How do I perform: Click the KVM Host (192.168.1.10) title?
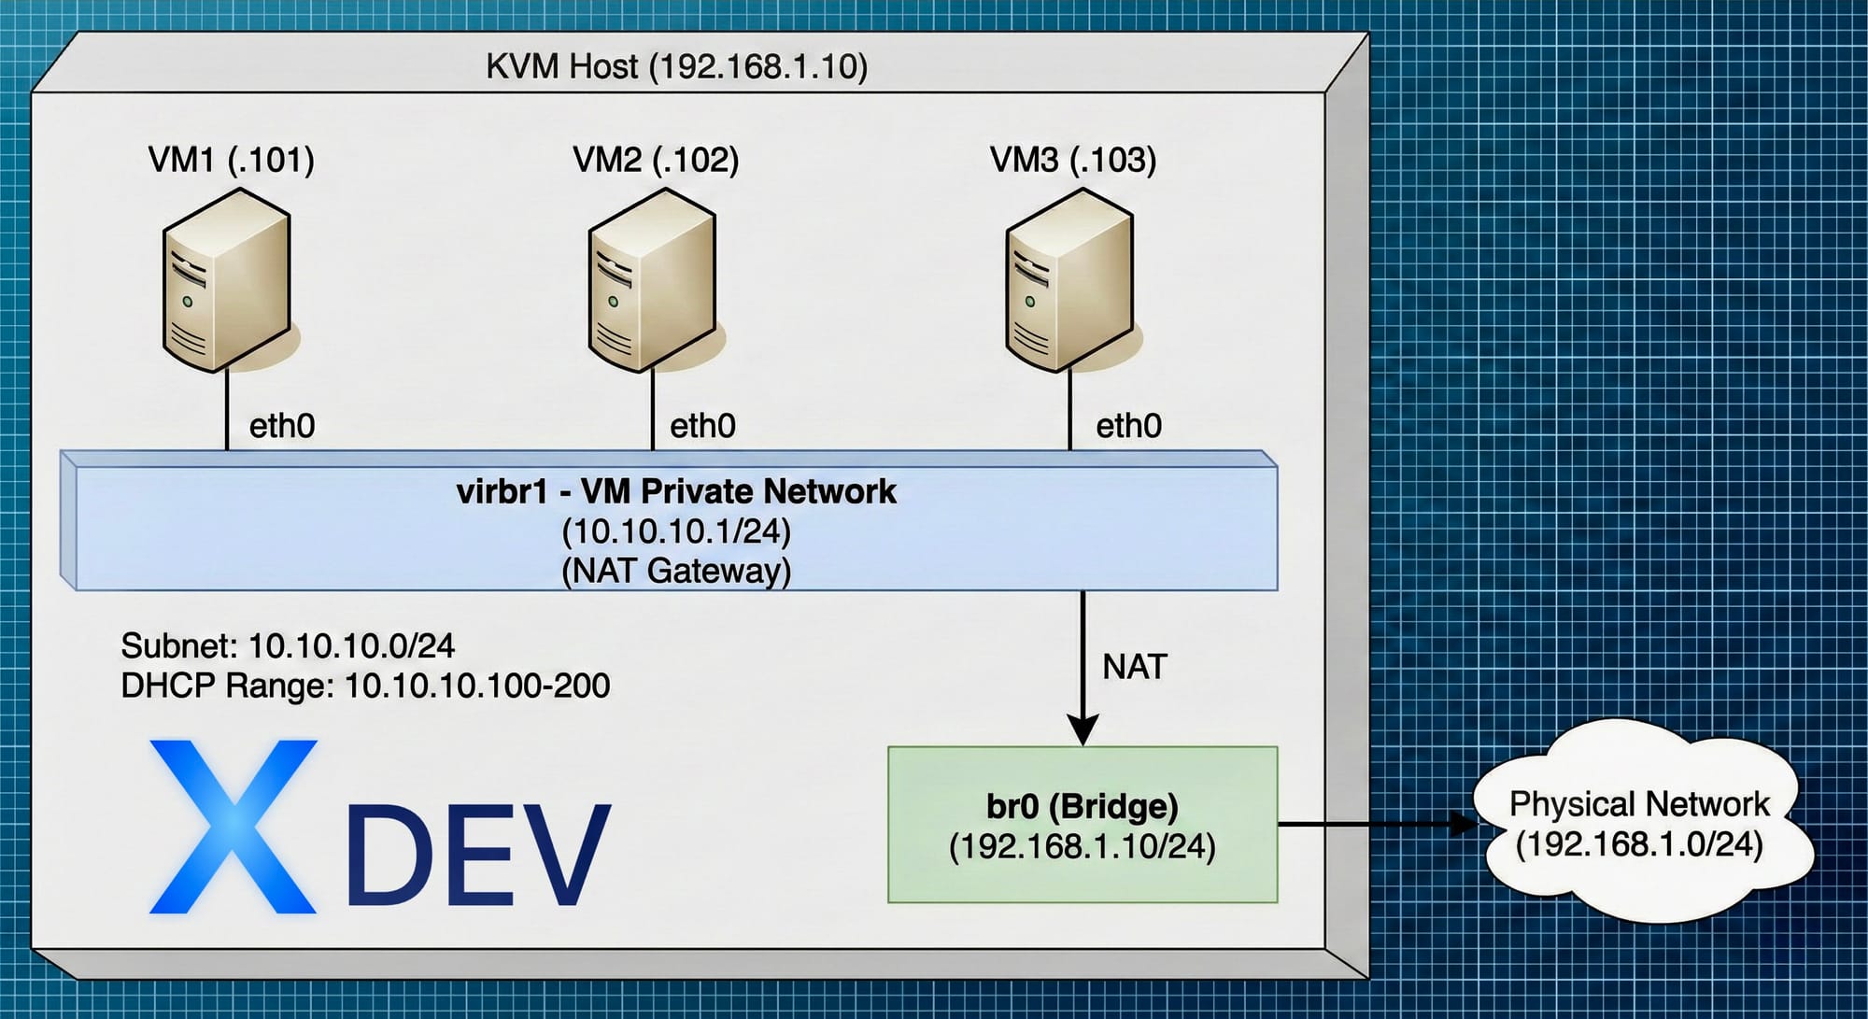(676, 67)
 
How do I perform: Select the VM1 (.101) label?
(231, 160)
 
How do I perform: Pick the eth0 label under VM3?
(1128, 426)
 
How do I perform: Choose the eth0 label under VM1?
(282, 426)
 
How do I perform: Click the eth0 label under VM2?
(702, 426)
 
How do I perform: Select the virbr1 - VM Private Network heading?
(676, 491)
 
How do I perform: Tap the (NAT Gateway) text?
(676, 570)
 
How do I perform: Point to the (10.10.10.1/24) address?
(676, 531)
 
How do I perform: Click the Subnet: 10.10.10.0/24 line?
(288, 645)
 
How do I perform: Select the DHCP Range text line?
(365, 686)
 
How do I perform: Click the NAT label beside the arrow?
(1135, 667)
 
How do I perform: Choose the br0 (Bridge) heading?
(1083, 805)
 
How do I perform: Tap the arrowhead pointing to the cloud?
(1464, 824)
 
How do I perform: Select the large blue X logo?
(233, 827)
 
